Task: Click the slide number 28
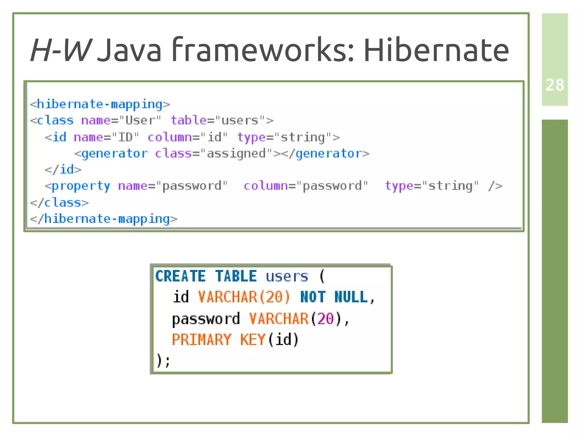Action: [555, 85]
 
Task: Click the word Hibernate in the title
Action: [436, 50]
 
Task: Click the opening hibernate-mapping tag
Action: [100, 104]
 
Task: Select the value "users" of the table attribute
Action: [240, 120]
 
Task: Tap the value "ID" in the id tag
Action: [125, 137]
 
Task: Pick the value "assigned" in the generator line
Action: [236, 154]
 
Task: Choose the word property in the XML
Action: [81, 186]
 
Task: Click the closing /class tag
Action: [59, 203]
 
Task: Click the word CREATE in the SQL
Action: [180, 276]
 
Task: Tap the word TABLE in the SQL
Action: [236, 276]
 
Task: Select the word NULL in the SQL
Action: [351, 297]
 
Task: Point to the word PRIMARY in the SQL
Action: [202, 340]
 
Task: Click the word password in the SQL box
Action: [206, 319]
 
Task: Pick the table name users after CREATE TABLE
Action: [287, 276]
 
